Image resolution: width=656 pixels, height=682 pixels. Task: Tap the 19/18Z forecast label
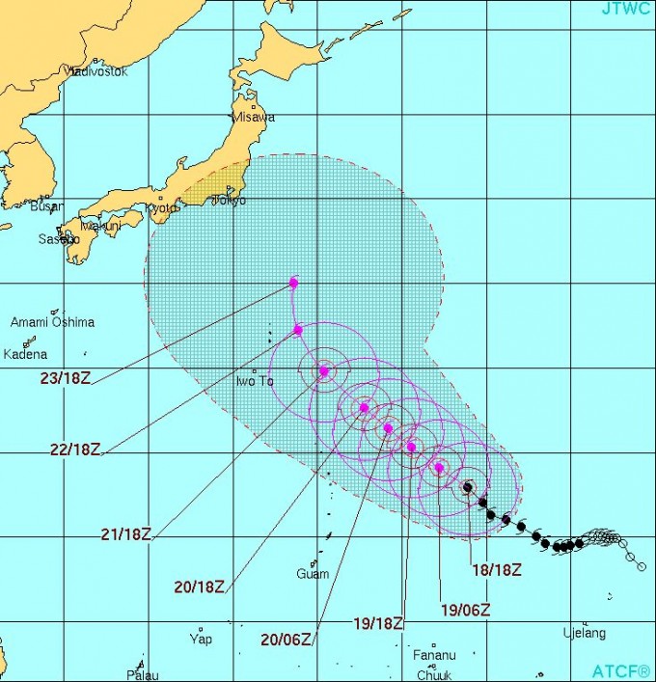(378, 624)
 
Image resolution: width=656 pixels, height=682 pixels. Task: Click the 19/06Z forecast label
(465, 609)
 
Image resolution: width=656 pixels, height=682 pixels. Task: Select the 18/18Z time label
(496, 569)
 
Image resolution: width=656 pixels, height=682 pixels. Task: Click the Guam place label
(313, 575)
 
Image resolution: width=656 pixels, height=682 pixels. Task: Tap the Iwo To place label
(255, 382)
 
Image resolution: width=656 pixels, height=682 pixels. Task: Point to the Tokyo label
(230, 201)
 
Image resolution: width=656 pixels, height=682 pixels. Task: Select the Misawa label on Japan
(252, 117)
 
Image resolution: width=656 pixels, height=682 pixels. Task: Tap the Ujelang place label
(584, 634)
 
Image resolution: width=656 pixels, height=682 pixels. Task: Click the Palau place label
(142, 675)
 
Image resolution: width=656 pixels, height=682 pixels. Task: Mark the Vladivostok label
(96, 71)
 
